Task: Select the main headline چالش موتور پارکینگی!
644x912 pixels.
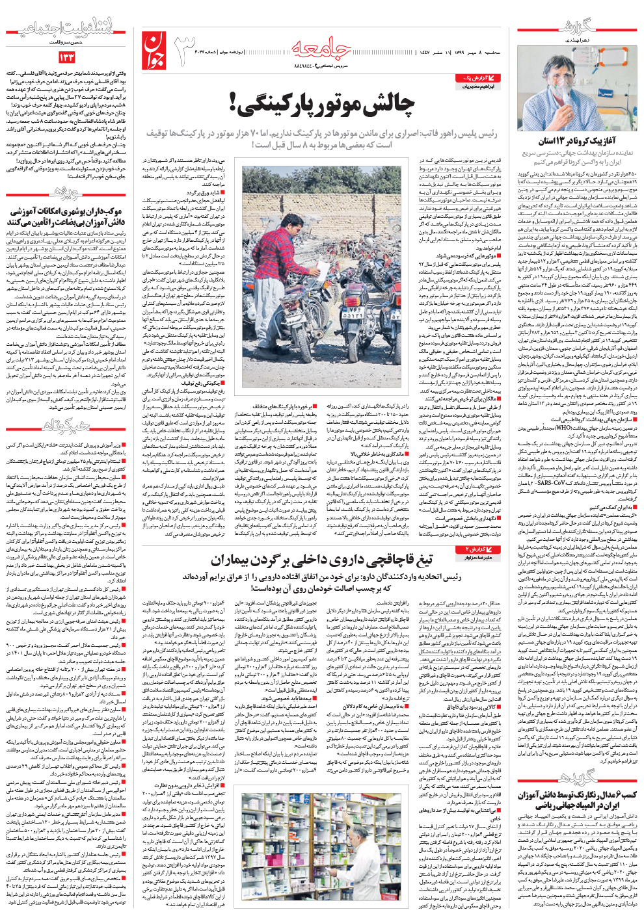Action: click(321, 104)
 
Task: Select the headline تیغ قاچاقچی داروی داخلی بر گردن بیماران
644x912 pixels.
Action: click(321, 559)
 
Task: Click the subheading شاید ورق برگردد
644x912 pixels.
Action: click(202, 192)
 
